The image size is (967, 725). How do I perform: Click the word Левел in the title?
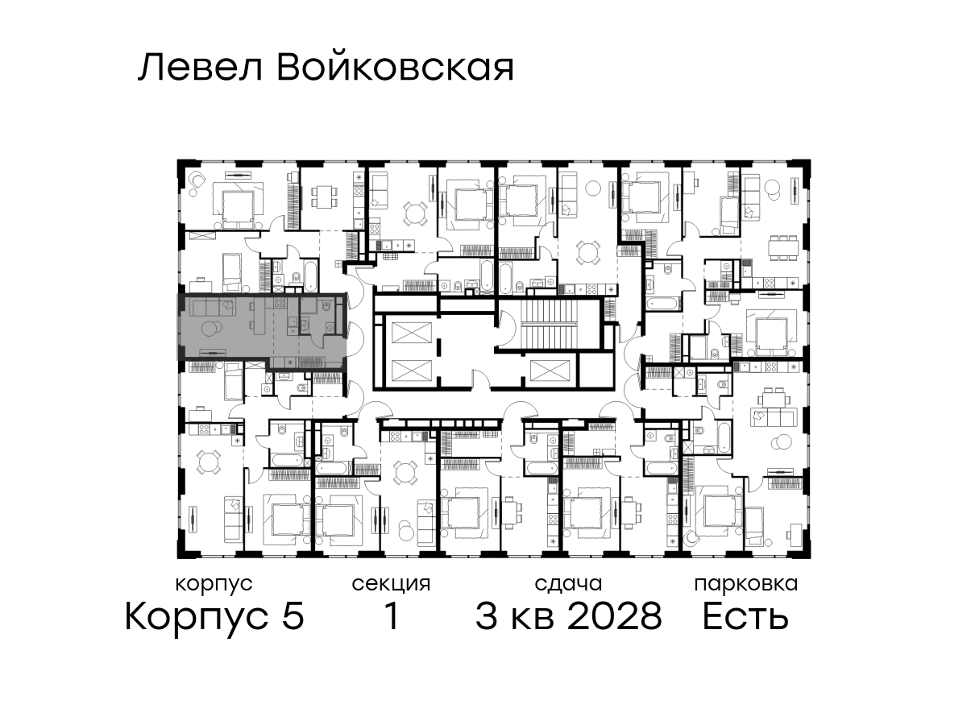pos(201,68)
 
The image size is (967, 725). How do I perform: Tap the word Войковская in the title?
pos(395,68)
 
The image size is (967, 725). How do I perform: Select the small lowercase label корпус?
pos(214,585)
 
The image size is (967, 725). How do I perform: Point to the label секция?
pos(391,585)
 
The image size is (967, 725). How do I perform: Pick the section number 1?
pos(392,615)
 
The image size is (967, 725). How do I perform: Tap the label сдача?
pos(568,584)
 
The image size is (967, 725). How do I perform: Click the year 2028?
pos(615,616)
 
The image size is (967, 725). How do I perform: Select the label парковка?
pos(746,585)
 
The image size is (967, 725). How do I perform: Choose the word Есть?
pos(745,616)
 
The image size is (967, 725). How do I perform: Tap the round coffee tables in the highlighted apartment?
pos(211,329)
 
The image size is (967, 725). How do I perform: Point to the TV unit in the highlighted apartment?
pos(213,352)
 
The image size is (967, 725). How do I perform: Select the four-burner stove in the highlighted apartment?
pos(280,302)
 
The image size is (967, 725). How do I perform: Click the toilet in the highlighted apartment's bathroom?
pos(326,305)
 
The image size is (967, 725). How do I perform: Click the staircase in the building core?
pos(548,323)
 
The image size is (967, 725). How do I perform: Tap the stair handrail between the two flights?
pos(548,324)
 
